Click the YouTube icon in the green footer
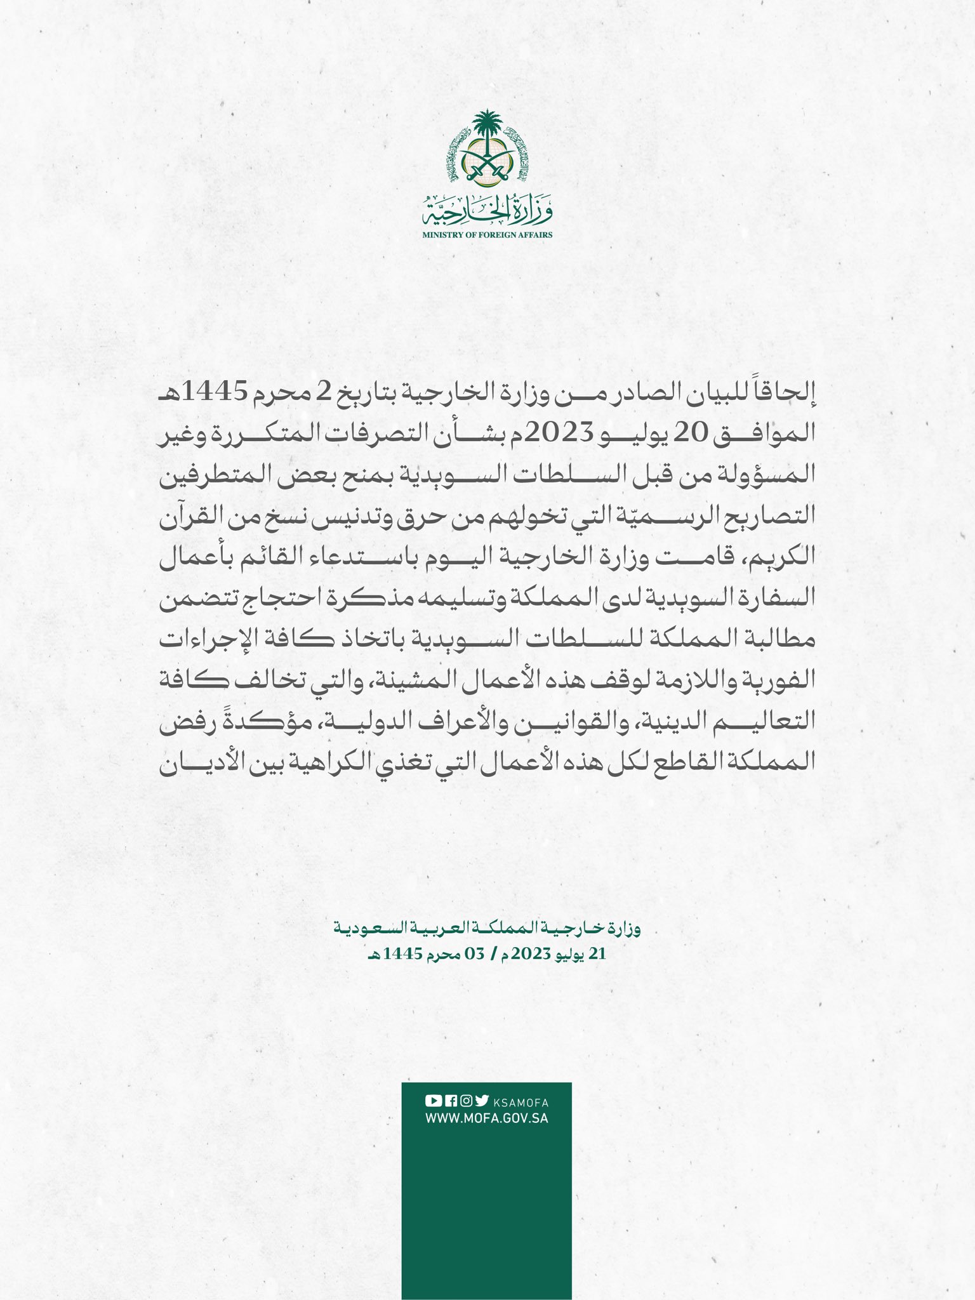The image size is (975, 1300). tap(433, 1101)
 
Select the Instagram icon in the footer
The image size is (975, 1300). tap(466, 1101)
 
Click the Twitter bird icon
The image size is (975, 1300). tap(482, 1101)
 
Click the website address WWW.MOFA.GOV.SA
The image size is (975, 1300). tap(487, 1118)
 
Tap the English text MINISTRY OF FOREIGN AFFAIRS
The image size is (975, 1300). tap(487, 234)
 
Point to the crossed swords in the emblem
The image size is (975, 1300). tap(487, 166)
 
